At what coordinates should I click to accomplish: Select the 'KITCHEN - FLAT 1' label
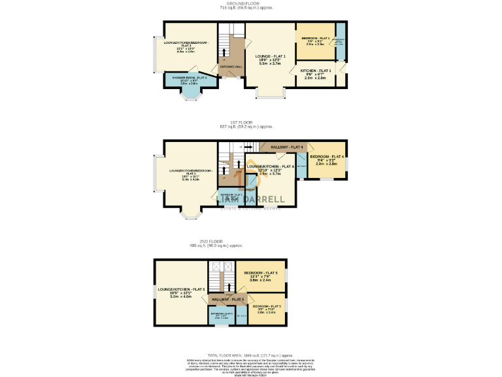pyautogui.click(x=316, y=70)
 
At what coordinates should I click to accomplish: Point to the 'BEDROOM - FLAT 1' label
pyautogui.click(x=315, y=39)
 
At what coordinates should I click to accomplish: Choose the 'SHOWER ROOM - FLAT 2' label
pyautogui.click(x=190, y=78)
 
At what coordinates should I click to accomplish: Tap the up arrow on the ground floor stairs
pyautogui.click(x=225, y=52)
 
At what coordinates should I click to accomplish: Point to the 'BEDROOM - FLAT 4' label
pyautogui.click(x=327, y=156)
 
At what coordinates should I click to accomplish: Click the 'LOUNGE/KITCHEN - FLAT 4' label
pyautogui.click(x=270, y=167)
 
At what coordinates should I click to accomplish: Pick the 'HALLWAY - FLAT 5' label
pyautogui.click(x=227, y=299)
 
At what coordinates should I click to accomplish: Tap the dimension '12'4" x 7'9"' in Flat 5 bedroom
pyautogui.click(x=261, y=276)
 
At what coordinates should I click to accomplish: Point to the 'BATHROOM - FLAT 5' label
pyautogui.click(x=222, y=314)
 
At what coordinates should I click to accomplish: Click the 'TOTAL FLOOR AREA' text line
pyautogui.click(x=250, y=353)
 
